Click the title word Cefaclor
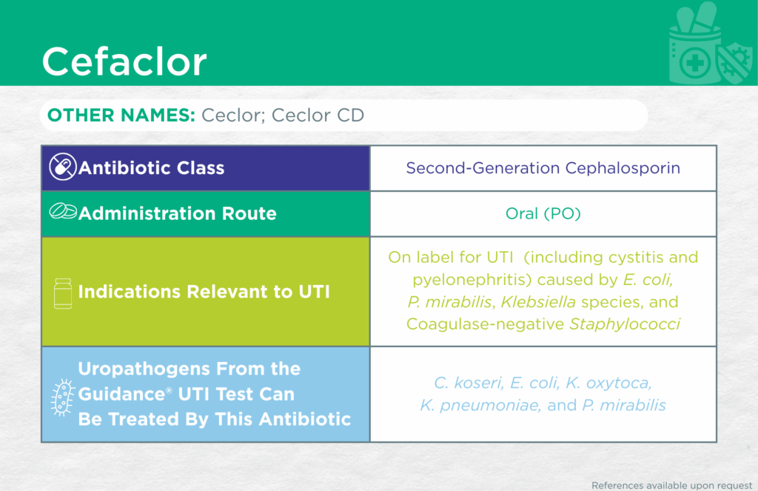(124, 61)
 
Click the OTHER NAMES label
(121, 115)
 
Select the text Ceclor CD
(318, 115)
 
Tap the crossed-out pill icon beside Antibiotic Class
(63, 167)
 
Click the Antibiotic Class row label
(151, 168)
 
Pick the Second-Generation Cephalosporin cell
(543, 168)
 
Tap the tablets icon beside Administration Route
(63, 211)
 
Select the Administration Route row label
(178, 213)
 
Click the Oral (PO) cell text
(543, 213)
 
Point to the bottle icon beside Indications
(63, 293)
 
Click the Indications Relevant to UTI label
(204, 292)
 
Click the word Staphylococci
(625, 324)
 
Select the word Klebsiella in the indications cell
(538, 302)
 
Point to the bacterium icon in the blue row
(63, 398)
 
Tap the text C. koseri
(469, 383)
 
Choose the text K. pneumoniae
(480, 405)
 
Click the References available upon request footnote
(672, 485)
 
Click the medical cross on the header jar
(694, 64)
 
